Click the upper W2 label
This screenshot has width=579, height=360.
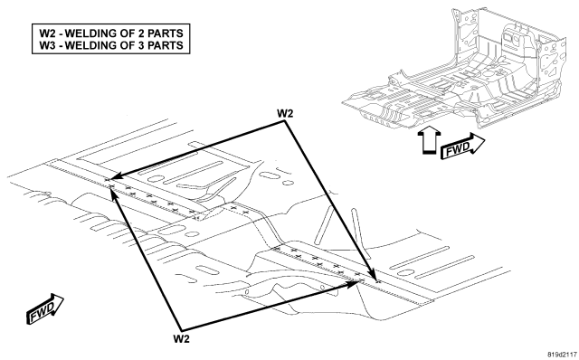(285, 113)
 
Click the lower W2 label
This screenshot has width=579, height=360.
(181, 338)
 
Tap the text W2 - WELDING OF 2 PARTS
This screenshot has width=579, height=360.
(111, 33)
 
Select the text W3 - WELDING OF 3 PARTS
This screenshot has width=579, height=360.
(111, 45)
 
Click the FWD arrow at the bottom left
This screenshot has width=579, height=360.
(44, 309)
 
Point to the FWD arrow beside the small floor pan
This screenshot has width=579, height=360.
(462, 146)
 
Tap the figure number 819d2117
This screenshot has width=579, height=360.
(562, 354)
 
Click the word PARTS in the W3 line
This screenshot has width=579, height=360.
(166, 45)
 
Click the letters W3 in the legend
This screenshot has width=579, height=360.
(47, 45)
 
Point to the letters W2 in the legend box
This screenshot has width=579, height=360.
(47, 33)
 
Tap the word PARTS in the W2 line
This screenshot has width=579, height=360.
(166, 33)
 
